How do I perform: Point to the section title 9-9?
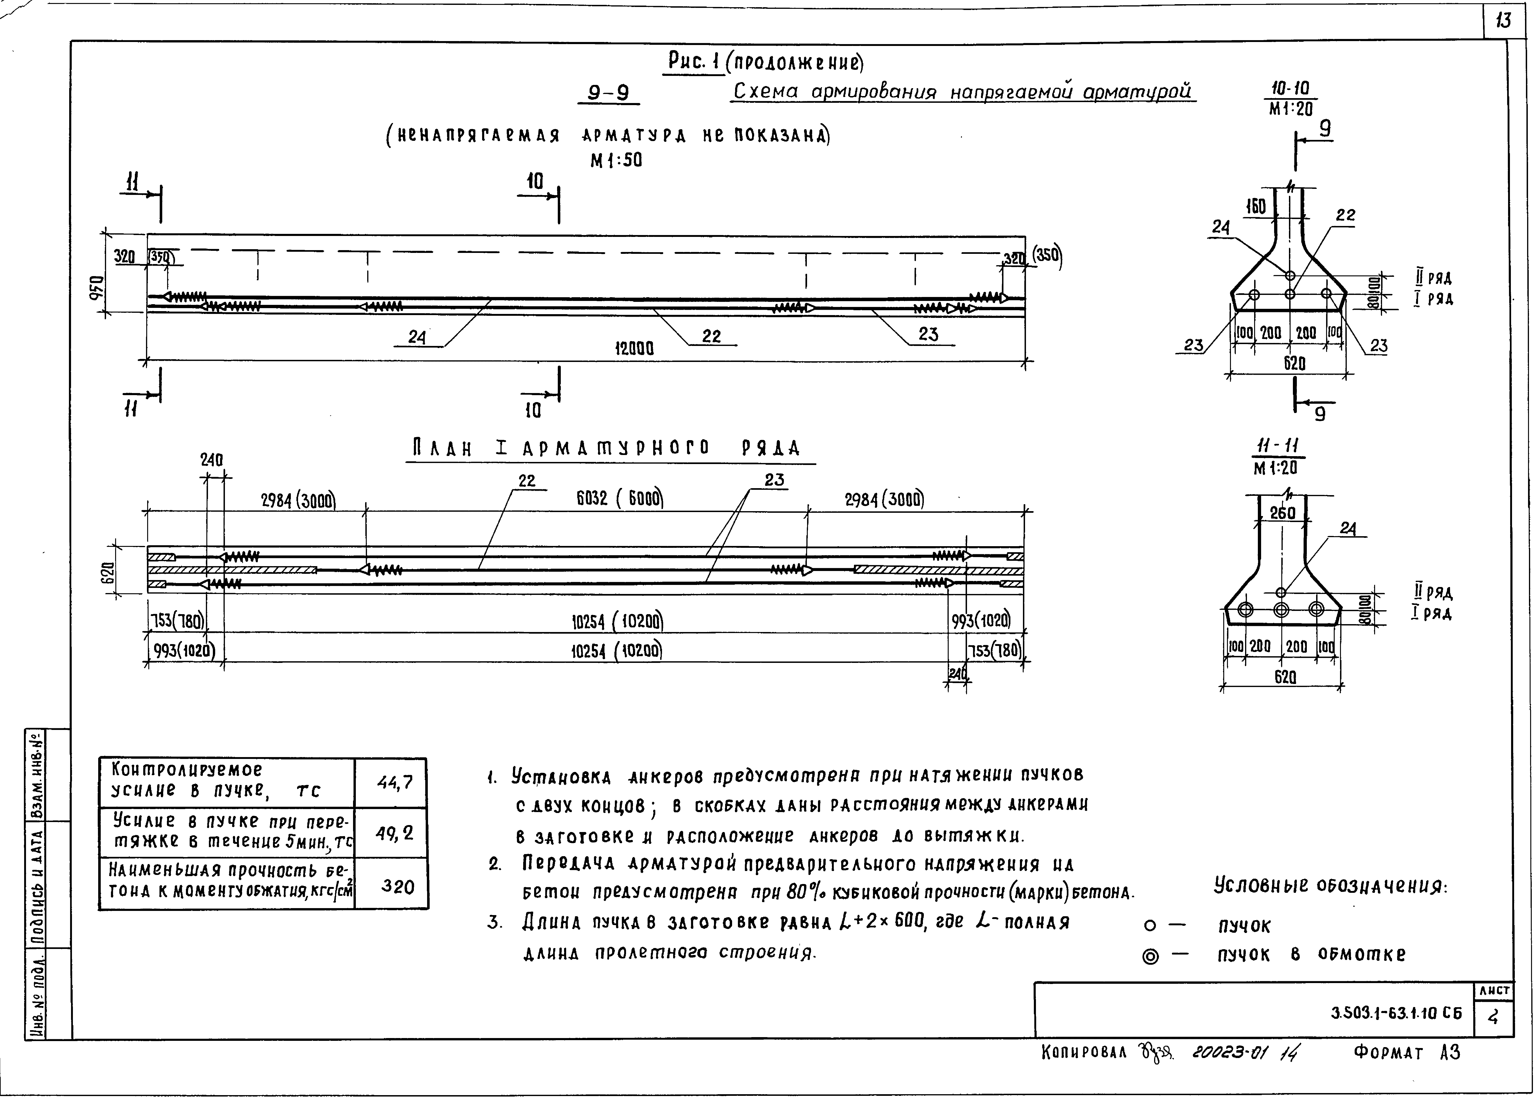[608, 93]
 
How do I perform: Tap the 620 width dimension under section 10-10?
[1294, 363]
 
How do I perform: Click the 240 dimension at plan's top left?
[211, 460]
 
